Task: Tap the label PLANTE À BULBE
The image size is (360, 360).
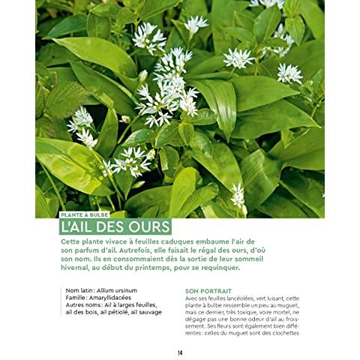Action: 84,214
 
